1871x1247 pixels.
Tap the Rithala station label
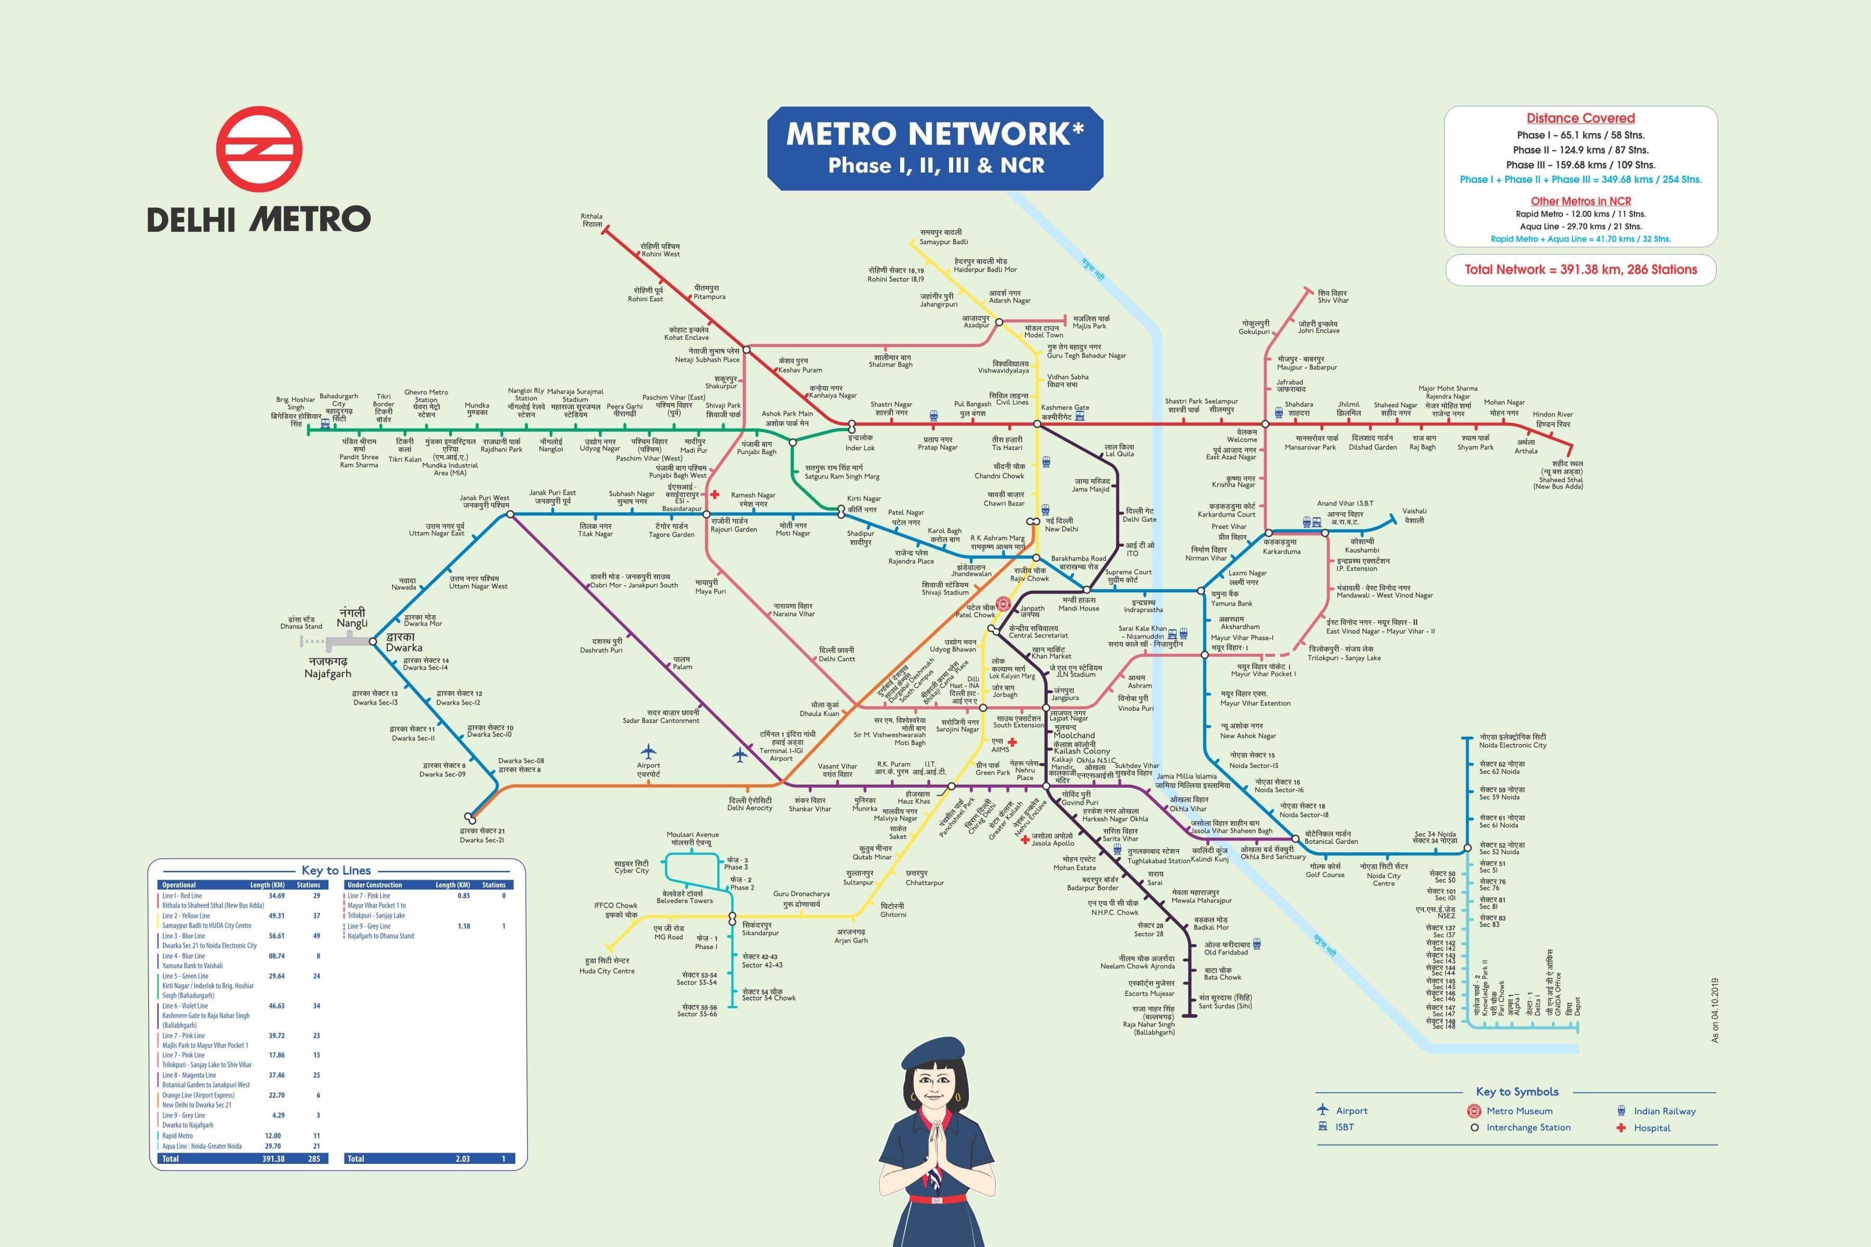(x=592, y=220)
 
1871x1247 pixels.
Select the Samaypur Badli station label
(x=943, y=237)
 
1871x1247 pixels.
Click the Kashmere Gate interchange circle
(x=1037, y=424)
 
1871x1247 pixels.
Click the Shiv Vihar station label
(x=1333, y=297)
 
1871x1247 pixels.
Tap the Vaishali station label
(x=1414, y=515)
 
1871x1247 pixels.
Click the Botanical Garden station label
(x=1331, y=838)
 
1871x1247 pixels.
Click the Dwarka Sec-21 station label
(x=481, y=835)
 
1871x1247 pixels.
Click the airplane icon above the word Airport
(x=648, y=751)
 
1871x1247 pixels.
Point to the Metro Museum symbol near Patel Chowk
(x=1003, y=604)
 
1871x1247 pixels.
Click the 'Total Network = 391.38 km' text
(x=1580, y=270)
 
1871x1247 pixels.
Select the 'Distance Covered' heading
(x=1580, y=118)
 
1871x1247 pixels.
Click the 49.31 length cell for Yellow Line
(x=276, y=916)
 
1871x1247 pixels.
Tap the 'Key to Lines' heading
(x=336, y=870)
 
